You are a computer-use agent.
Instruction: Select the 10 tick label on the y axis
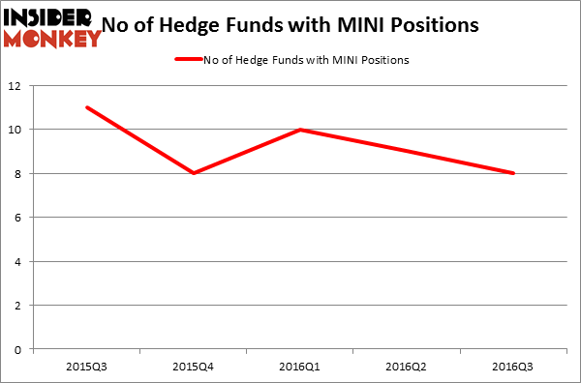click(x=16, y=130)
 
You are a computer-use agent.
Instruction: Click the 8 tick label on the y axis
click(x=19, y=173)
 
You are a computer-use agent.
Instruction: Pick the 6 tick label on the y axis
click(x=19, y=218)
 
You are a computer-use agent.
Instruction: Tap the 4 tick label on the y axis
click(x=19, y=261)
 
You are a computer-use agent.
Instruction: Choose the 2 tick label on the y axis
click(x=19, y=306)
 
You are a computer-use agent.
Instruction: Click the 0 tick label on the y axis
click(x=19, y=349)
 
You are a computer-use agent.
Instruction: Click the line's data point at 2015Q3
click(x=87, y=107)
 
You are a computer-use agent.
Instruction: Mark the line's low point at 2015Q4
click(x=194, y=173)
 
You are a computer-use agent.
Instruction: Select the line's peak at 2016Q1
click(x=300, y=130)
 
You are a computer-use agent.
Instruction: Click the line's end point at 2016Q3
click(x=513, y=173)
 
